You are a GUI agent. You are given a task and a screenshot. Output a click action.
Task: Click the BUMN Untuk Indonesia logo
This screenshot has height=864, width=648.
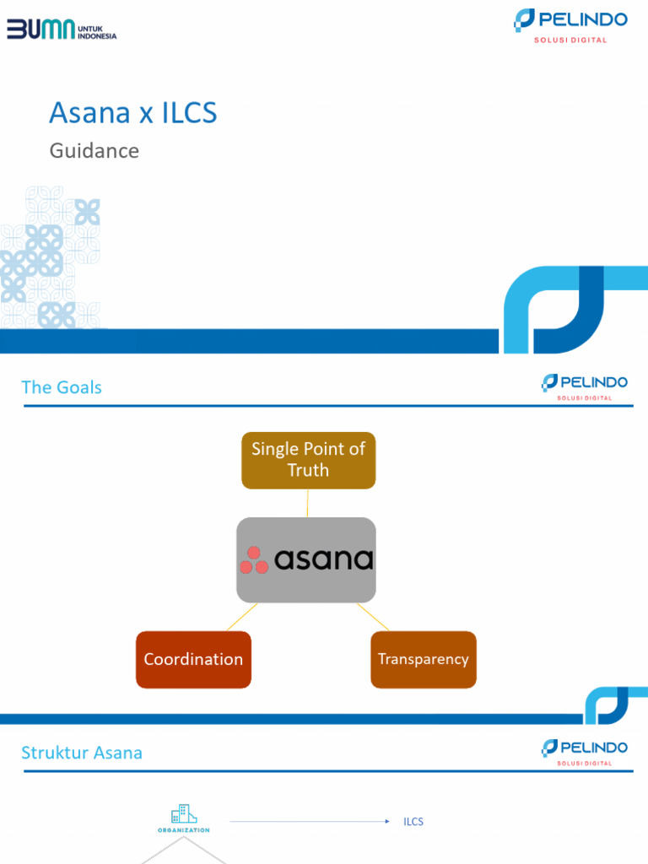(x=62, y=30)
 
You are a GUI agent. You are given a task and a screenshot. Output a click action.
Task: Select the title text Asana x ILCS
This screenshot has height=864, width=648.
(x=132, y=112)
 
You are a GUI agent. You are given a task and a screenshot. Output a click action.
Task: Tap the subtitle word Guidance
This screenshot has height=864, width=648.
(x=94, y=151)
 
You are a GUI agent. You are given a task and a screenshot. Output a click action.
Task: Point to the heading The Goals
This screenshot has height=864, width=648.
(x=62, y=387)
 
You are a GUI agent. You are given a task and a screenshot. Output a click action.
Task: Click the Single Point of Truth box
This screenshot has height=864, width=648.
(x=308, y=460)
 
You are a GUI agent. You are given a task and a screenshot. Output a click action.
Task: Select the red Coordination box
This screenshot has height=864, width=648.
(x=193, y=659)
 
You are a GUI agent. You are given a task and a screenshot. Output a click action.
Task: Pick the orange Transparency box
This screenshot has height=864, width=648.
(x=423, y=659)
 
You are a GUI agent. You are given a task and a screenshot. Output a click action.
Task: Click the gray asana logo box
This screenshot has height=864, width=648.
(x=306, y=559)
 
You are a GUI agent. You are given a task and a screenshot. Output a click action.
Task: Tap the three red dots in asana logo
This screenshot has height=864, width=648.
(x=254, y=560)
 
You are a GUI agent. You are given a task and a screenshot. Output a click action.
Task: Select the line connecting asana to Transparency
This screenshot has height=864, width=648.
(x=373, y=617)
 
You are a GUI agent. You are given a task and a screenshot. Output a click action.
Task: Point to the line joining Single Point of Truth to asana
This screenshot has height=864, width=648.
(x=307, y=503)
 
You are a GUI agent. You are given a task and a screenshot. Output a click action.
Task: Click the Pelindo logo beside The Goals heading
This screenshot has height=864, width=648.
(x=584, y=386)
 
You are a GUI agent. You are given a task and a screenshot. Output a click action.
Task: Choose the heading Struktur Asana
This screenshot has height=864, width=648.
(x=82, y=753)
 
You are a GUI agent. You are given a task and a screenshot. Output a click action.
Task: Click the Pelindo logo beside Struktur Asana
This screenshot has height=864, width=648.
(x=584, y=751)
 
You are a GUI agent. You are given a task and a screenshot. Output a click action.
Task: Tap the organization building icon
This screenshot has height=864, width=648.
(x=183, y=814)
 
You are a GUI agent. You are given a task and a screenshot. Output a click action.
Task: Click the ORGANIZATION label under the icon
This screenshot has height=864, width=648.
(x=183, y=830)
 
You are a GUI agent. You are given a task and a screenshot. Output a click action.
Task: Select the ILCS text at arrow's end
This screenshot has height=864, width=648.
(x=413, y=821)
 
